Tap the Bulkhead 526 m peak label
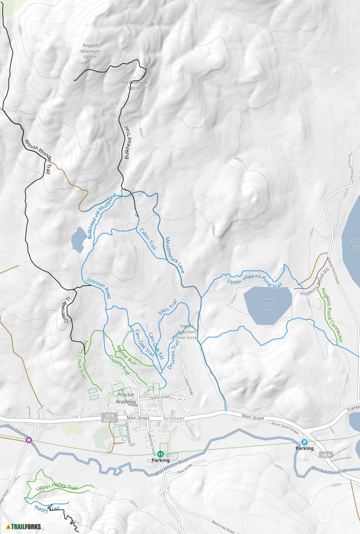pyautogui.click(x=134, y=85)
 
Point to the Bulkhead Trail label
pyautogui.click(x=127, y=144)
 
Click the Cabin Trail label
pyautogui.click(x=146, y=238)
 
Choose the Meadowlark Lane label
pyautogui.click(x=174, y=255)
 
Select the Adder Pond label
pyautogui.click(x=269, y=304)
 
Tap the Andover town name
pyautogui.click(x=174, y=418)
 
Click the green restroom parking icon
pyautogui.click(x=161, y=454)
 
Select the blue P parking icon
pyautogui.click(x=304, y=442)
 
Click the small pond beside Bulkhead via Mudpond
pyautogui.click(x=78, y=239)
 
